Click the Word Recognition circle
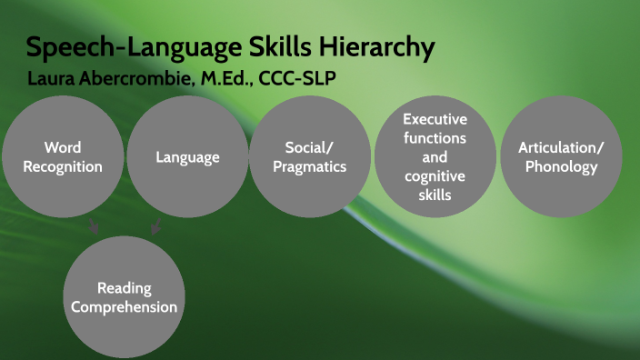pos(62,156)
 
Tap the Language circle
pos(187,156)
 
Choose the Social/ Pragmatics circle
pos(310,156)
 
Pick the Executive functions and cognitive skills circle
pos(435,156)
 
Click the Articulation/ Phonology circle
pos(561,156)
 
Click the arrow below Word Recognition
pos(94,227)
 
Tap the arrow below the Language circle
pos(155,227)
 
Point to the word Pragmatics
pos(310,167)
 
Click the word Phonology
pos(561,166)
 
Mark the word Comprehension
pos(125,306)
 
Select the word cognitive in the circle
pos(435,176)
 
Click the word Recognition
pos(62,166)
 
